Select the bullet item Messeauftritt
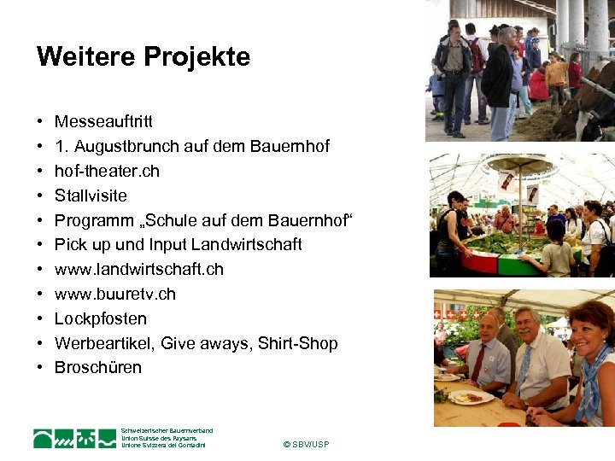pos(103,122)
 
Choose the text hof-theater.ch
pos(107,171)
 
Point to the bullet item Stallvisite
pos(90,195)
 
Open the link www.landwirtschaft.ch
pos(138,269)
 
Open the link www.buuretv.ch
pos(114,294)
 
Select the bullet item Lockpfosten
pos(100,318)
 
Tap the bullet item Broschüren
pos(97,367)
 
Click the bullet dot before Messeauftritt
pos(40,123)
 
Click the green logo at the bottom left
pos(74,438)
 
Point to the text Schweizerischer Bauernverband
pos(167,431)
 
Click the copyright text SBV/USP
pos(305,445)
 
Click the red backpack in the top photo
pos(474,55)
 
